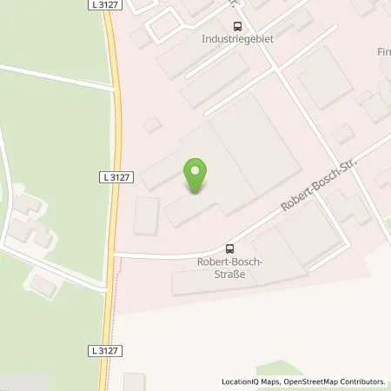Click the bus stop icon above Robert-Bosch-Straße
[x=229, y=248]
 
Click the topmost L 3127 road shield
[x=104, y=5]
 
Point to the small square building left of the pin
[x=146, y=215]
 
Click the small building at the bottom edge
[x=135, y=382]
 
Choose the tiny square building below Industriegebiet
[x=153, y=124]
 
